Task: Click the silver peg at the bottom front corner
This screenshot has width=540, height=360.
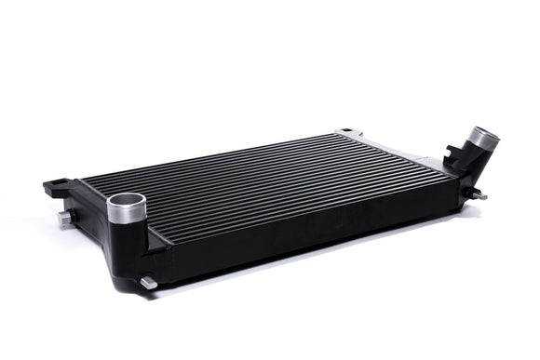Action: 147,281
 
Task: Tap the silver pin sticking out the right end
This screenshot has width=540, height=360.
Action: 479,196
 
